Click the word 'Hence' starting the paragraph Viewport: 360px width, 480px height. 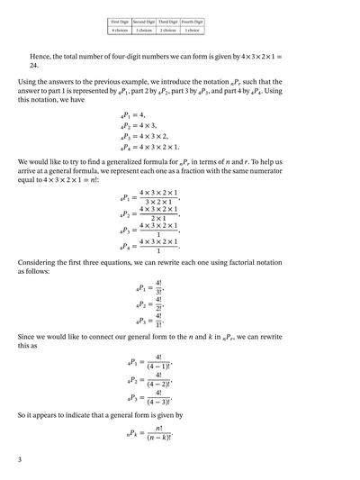coord(42,56)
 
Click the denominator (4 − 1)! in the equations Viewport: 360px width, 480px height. coord(164,365)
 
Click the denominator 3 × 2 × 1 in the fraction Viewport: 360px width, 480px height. coord(158,201)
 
